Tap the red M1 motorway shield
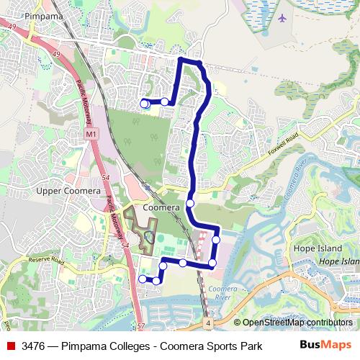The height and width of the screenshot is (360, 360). [x=91, y=134]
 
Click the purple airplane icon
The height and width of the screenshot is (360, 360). [x=282, y=17]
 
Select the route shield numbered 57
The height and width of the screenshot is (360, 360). [x=140, y=326]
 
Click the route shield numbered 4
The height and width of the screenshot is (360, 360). [x=207, y=325]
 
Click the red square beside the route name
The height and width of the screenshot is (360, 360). [x=11, y=346]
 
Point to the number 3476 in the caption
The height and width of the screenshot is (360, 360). [x=35, y=346]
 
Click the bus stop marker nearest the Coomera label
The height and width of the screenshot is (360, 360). [x=190, y=204]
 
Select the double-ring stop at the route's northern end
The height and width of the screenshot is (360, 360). [x=144, y=104]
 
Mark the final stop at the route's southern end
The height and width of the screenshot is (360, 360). [x=143, y=279]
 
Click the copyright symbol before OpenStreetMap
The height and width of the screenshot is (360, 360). [x=237, y=323]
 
